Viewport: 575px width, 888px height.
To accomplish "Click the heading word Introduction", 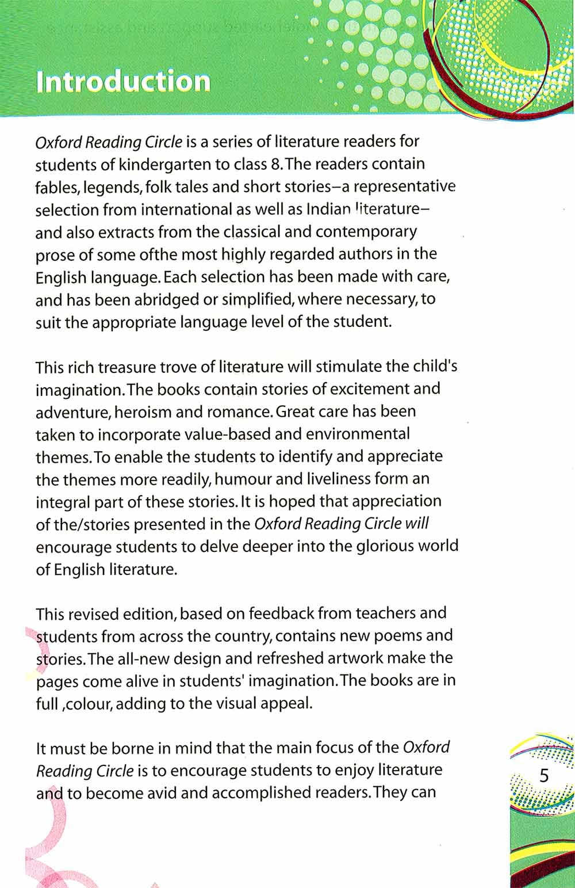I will tap(122, 82).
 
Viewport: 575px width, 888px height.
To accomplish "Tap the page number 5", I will tap(543, 775).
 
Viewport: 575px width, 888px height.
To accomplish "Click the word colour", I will tap(88, 704).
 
